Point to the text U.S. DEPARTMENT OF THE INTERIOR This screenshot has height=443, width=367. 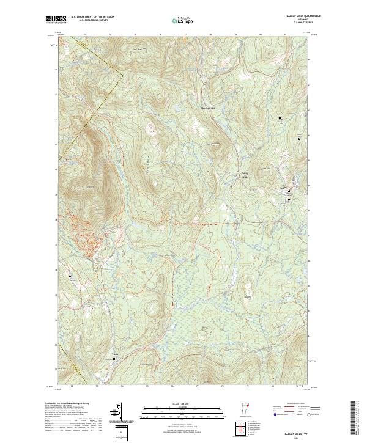pyautogui.click(x=93, y=17)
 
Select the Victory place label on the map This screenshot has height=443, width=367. pyautogui.click(x=114, y=353)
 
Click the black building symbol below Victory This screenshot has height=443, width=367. pyautogui.click(x=114, y=359)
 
